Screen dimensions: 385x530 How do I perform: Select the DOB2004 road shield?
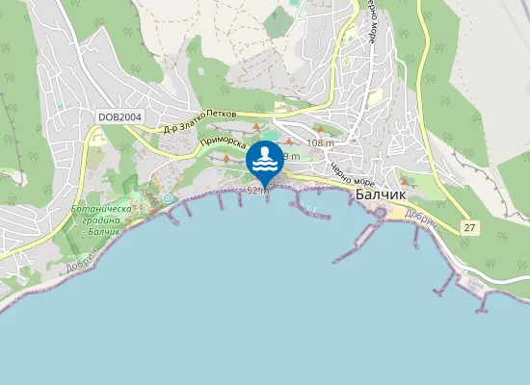[119, 117]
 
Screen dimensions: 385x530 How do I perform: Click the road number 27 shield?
[468, 227]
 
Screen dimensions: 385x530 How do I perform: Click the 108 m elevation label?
[320, 143]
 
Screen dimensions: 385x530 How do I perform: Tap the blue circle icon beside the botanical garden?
[168, 198]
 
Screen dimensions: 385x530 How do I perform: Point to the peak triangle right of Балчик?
[406, 180]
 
